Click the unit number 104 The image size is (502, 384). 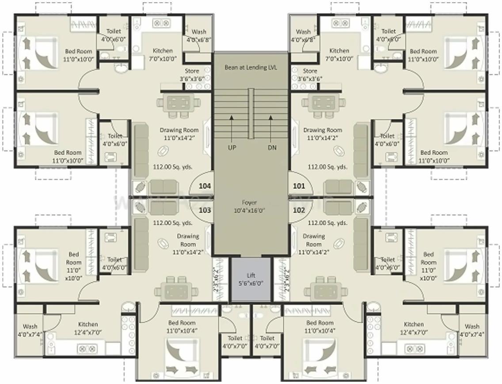point(205,186)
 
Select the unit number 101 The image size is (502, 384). point(299,186)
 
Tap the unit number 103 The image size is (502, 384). point(205,210)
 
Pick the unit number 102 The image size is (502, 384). point(299,210)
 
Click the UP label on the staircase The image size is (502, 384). point(232,148)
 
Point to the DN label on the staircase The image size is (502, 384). point(272,148)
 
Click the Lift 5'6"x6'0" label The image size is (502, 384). point(251,279)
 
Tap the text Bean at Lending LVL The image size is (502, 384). point(251,68)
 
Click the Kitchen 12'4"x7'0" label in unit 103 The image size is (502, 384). point(88,328)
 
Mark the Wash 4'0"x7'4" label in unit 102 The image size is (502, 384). point(472,330)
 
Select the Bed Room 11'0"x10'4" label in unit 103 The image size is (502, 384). point(182,327)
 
